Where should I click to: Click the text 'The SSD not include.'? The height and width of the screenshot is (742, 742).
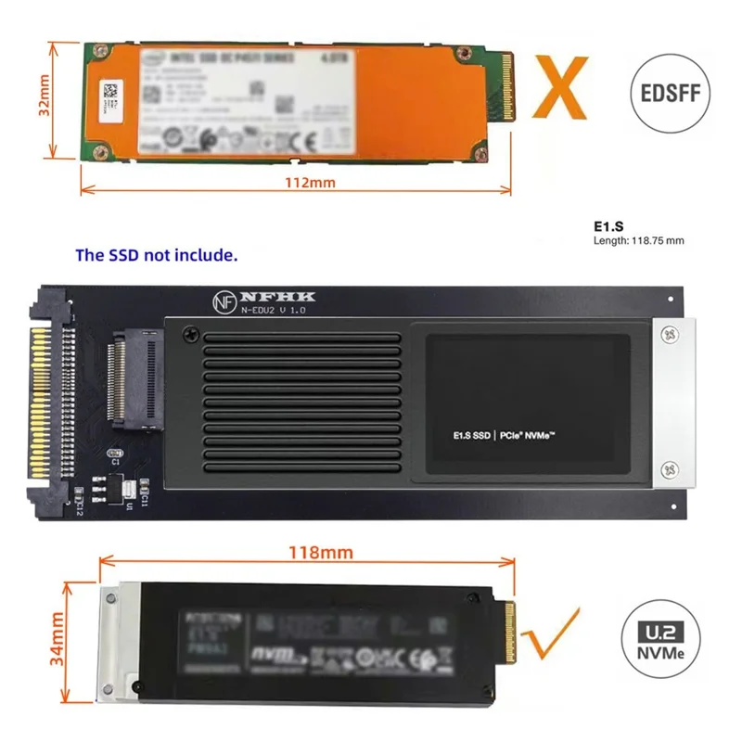tap(156, 254)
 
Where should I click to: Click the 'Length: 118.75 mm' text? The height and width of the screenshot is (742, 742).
tap(638, 241)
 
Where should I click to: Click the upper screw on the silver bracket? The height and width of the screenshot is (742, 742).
tap(670, 331)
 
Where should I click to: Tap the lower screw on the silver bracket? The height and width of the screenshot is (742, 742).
tap(670, 470)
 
